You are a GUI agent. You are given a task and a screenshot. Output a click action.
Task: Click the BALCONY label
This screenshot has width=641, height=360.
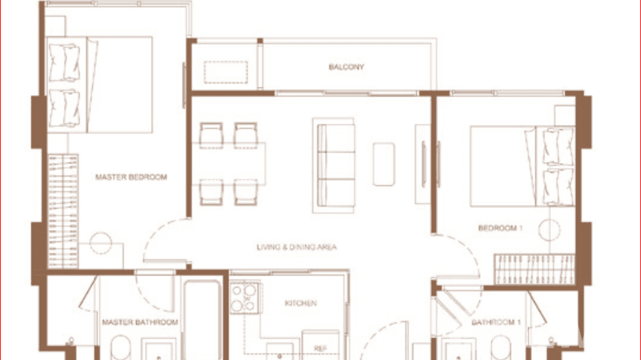pos(346,67)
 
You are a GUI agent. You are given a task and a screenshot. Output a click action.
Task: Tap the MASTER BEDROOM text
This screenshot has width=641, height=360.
pos(131,177)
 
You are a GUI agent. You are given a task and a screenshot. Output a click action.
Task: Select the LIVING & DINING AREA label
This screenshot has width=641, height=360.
pos(297,247)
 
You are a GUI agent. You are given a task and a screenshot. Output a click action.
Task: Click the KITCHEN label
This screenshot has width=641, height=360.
pos(300,303)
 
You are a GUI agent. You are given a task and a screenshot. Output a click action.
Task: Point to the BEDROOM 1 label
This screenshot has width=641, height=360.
pos(500,228)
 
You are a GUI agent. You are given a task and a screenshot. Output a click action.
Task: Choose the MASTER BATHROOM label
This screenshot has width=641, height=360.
pos(140,322)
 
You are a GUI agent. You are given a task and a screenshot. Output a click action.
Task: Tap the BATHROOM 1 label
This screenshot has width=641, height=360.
pos(496,322)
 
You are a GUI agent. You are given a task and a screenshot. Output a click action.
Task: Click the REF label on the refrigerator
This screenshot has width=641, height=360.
pos(320,349)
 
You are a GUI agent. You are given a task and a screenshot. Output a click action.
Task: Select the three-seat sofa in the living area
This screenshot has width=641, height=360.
pos(334,165)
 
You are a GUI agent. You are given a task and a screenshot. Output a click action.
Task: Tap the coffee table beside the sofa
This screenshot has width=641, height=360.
pos(384,164)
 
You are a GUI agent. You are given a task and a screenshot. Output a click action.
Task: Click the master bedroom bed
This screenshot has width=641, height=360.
pos(100,85)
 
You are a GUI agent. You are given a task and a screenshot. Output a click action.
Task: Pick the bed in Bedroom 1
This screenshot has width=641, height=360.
pos(522,166)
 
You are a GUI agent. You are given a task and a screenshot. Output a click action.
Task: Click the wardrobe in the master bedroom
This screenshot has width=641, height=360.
pos(63,211)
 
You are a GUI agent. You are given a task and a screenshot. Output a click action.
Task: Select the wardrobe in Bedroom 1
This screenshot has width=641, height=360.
pos(534,269)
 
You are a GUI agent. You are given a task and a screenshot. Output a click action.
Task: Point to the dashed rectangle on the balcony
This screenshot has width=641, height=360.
pos(225,73)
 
